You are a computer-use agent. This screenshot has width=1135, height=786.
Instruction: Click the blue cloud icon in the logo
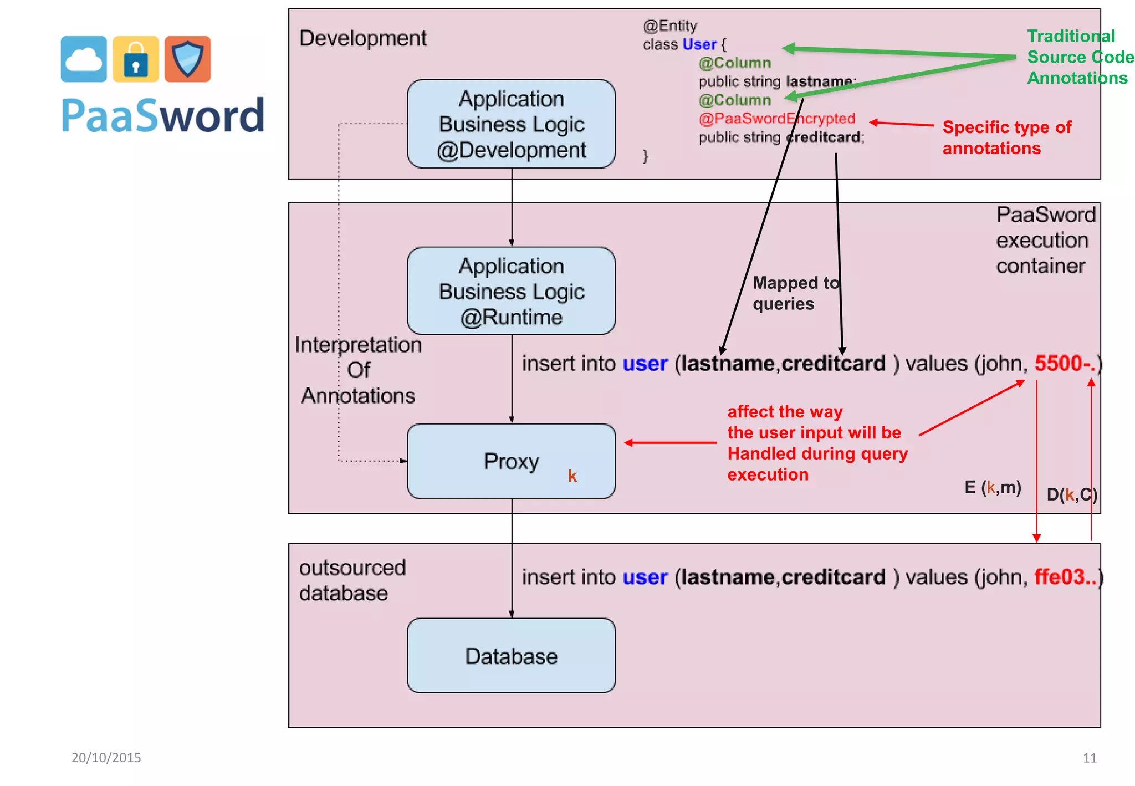pos(84,59)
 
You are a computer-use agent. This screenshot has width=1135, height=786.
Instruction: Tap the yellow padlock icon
pos(136,59)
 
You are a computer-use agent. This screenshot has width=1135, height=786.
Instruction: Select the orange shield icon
pos(187,59)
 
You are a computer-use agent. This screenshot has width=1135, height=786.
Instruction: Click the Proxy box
pos(511,461)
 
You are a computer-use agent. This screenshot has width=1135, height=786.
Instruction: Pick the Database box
pos(511,656)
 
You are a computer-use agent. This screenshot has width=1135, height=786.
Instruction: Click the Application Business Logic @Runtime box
pos(511,291)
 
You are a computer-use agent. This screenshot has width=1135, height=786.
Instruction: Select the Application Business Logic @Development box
pos(511,124)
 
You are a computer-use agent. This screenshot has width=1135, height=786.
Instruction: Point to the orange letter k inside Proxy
pos(572,476)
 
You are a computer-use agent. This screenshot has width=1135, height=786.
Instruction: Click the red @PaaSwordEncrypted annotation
pos(776,119)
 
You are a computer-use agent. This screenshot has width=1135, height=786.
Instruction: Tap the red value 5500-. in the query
pos(1065,364)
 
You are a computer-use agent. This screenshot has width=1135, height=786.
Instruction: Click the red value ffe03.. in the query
pos(1065,577)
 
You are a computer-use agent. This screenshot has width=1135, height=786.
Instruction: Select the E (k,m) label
pos(993,487)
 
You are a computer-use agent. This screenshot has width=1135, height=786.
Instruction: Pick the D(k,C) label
pos(1072,494)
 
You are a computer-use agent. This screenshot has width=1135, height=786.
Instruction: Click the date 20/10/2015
pos(106,758)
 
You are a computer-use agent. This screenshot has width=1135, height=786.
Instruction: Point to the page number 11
pos(1090,758)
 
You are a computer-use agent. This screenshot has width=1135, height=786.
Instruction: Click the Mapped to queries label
pos(795,293)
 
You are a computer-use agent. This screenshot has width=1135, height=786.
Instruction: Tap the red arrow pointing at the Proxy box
pos(670,442)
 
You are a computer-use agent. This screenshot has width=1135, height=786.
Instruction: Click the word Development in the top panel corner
pos(362,38)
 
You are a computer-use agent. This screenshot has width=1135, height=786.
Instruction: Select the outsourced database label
pos(352,580)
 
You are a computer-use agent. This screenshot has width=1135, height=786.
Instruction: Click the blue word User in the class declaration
pos(699,44)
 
